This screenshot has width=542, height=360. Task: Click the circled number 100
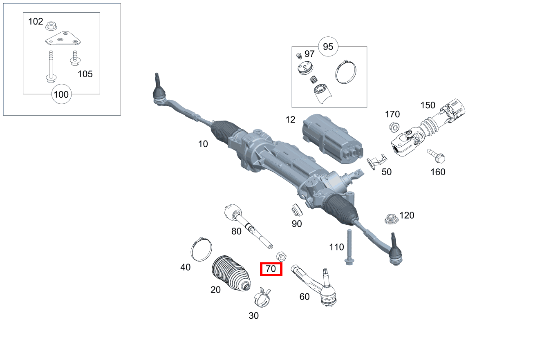coord(61,95)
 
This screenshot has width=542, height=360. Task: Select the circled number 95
coord(328,47)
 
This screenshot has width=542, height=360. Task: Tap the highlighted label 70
coord(271,269)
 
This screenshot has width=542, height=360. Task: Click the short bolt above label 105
coord(74,58)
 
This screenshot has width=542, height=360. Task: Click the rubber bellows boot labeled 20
coord(231,273)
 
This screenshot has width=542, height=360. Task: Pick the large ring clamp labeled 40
coord(202,249)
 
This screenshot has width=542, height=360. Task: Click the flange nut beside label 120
coord(392,219)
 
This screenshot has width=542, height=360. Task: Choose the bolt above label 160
coord(437,155)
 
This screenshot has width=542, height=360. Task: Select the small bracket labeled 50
coord(376,161)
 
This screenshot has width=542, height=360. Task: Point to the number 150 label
coord(428,105)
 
